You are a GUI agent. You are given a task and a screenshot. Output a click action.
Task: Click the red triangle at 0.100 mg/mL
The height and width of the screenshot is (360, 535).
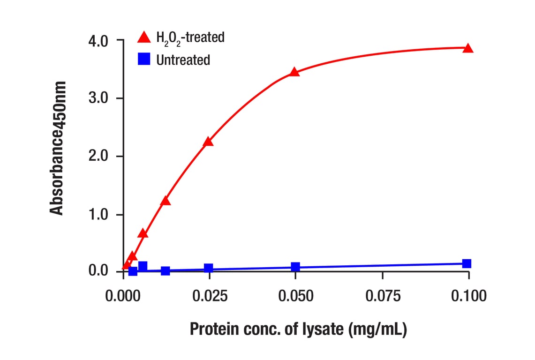pos(467,49)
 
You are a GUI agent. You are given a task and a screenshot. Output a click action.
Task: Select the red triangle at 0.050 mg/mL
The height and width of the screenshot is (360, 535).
pos(294,72)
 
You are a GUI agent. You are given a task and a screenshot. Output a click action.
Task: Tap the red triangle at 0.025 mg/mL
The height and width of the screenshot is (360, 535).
pos(208,142)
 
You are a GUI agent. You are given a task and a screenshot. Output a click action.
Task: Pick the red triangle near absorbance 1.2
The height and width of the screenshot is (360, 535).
pos(165,201)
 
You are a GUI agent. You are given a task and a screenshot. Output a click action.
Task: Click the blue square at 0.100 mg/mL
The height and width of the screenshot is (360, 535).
pos(467,263)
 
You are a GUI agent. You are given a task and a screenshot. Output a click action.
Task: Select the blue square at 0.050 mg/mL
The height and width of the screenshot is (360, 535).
pos(295,267)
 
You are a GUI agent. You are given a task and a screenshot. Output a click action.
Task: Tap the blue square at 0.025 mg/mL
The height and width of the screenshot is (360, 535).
pos(208,269)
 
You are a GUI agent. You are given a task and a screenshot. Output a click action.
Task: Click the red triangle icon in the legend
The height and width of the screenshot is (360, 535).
pos(144,37)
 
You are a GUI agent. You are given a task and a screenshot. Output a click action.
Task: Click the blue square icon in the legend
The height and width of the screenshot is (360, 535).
pos(144,60)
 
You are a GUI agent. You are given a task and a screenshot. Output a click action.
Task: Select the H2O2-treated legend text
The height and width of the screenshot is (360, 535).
pos(190,37)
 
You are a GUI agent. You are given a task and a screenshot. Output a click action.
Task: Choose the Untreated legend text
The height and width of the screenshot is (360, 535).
pos(183,60)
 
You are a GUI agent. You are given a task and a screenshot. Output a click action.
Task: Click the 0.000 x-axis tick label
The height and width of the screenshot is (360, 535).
pos(123,296)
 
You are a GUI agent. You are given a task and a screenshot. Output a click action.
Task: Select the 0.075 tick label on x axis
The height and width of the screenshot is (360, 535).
pos(383,296)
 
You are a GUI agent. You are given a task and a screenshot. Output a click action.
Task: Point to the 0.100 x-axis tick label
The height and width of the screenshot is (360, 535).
pos(468,296)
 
